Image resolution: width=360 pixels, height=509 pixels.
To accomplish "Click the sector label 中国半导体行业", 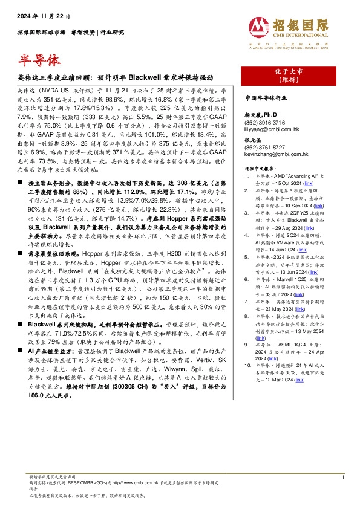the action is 269,97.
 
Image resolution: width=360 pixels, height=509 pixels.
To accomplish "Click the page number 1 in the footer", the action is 342,478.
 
